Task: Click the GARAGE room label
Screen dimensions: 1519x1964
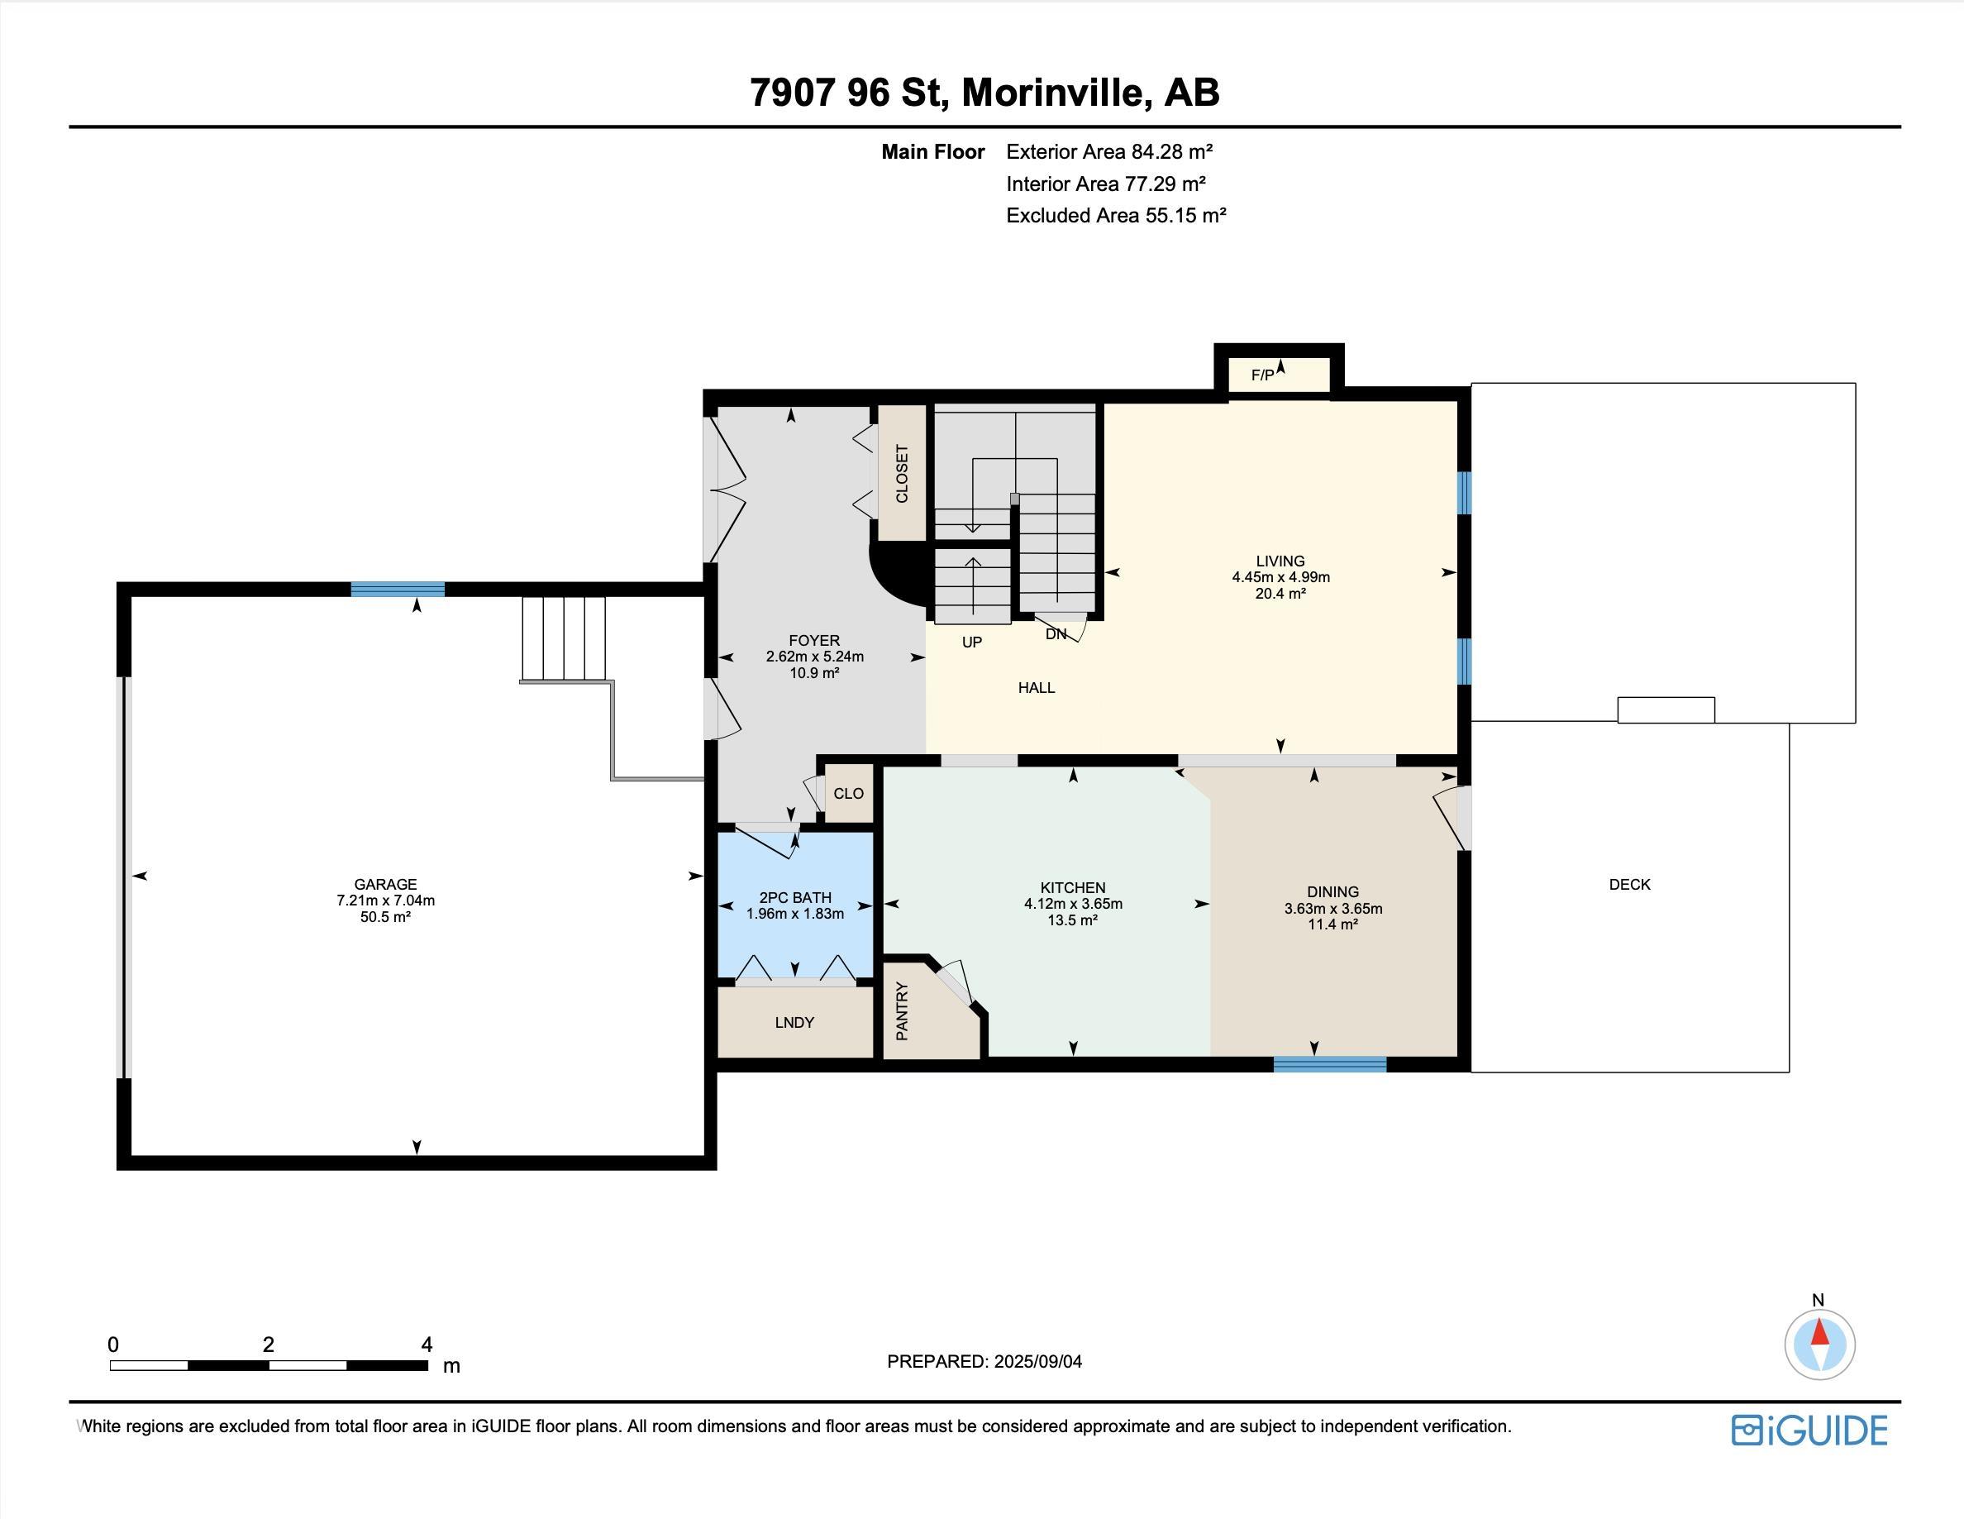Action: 385,884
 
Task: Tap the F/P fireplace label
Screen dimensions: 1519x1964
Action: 1262,375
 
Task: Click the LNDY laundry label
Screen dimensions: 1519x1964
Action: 794,1023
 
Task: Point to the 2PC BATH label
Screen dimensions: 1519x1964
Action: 795,897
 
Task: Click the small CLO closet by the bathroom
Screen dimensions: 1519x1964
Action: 848,793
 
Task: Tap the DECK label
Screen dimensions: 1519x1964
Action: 1629,884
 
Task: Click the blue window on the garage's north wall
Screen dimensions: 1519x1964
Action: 398,589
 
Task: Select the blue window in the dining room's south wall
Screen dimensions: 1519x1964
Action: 1330,1065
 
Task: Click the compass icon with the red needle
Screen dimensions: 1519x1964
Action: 1819,1345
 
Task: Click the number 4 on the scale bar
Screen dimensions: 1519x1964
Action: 427,1345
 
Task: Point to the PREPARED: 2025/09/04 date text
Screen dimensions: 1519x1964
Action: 984,1362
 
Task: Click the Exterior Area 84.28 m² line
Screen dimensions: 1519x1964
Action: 1108,151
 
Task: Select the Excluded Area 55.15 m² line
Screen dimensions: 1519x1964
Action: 1115,215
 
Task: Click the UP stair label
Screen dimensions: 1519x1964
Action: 972,642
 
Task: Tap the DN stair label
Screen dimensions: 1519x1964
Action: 1056,634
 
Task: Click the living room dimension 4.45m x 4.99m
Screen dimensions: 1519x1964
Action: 1280,577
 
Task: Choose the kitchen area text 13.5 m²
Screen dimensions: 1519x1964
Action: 1072,920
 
